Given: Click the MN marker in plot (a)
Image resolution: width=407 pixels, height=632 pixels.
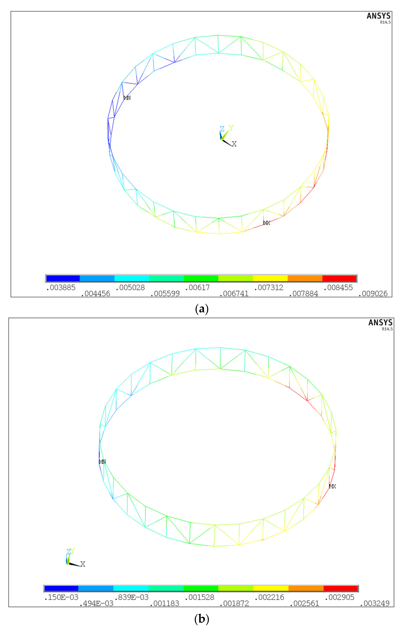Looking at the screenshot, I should [x=127, y=98].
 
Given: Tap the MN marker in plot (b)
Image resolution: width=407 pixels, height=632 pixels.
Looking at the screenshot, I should [x=102, y=462].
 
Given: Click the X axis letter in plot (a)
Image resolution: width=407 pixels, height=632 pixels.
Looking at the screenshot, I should [x=234, y=144].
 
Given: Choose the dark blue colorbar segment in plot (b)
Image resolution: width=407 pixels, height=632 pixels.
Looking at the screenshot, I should [x=61, y=588].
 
